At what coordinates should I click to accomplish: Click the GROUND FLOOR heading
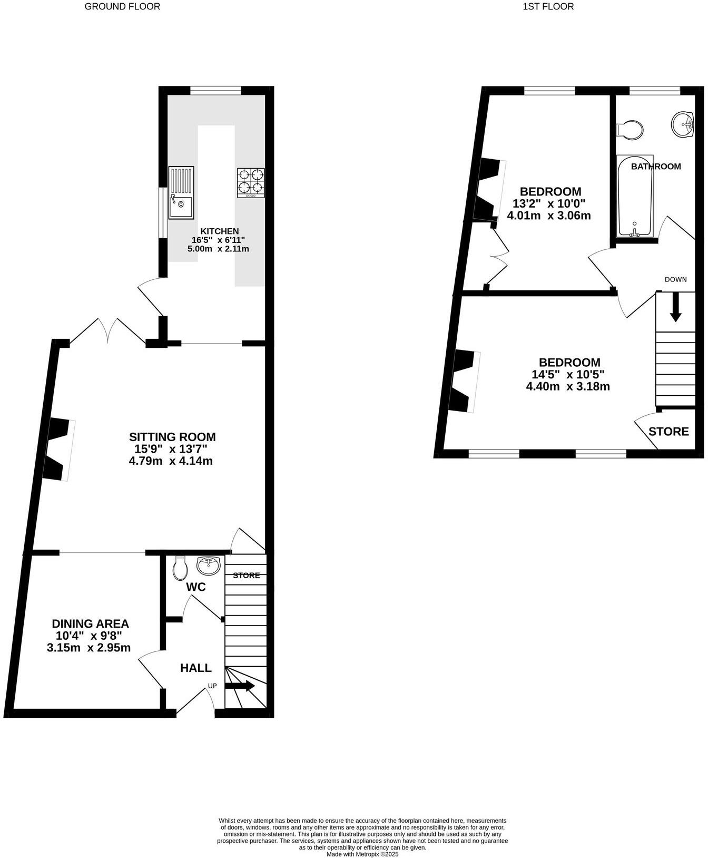coord(122,7)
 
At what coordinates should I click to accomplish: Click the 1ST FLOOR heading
coord(548,7)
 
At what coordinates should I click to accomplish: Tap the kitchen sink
coord(181,192)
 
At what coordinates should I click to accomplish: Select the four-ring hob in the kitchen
coord(251,182)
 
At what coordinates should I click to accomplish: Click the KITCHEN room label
coord(219,231)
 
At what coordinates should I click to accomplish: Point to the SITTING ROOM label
coord(172,437)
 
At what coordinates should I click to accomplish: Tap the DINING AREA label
coord(90,624)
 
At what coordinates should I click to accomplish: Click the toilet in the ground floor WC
coord(180,568)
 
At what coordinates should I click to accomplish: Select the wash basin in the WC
coord(209,565)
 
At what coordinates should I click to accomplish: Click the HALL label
coord(196,668)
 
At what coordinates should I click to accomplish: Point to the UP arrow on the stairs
coord(240,686)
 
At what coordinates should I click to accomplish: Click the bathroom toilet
coord(630,129)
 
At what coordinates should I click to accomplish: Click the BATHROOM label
coord(656,167)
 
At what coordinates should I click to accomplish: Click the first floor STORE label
coord(668,432)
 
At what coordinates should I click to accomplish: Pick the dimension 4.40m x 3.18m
coord(568,387)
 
